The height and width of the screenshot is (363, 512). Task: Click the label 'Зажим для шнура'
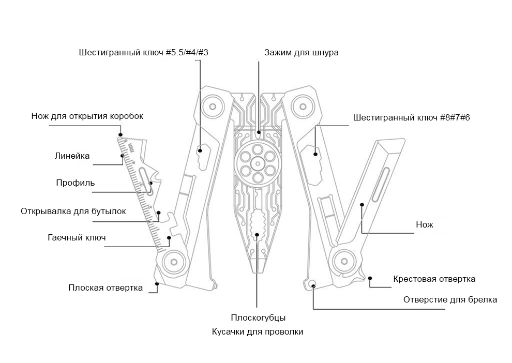pyautogui.click(x=301, y=53)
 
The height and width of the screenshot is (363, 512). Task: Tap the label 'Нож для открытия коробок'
pyautogui.click(x=87, y=116)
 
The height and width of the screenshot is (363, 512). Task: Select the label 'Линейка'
pyautogui.click(x=72, y=156)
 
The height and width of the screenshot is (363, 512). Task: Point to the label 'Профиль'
pyautogui.click(x=76, y=183)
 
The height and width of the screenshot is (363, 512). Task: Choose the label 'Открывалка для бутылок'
pyautogui.click(x=73, y=211)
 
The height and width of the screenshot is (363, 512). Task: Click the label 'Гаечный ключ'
pyautogui.click(x=77, y=237)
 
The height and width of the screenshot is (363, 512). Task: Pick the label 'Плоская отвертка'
pyautogui.click(x=106, y=288)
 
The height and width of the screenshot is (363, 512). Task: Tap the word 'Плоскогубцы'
pyautogui.click(x=258, y=317)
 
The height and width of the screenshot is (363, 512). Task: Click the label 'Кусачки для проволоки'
pyautogui.click(x=258, y=331)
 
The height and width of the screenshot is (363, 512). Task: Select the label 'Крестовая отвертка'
pyautogui.click(x=434, y=279)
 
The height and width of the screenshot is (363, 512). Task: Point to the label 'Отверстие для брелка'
pyautogui.click(x=450, y=300)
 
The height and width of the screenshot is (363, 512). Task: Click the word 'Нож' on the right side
pyautogui.click(x=425, y=224)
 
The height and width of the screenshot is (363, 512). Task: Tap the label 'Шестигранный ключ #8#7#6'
pyautogui.click(x=412, y=117)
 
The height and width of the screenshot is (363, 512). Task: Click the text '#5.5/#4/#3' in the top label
pyautogui.click(x=187, y=53)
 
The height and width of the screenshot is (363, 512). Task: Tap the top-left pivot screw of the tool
pyautogui.click(x=213, y=107)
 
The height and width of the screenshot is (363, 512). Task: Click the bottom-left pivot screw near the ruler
pyautogui.click(x=174, y=262)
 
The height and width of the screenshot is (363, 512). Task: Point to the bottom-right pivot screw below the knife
pyautogui.click(x=344, y=261)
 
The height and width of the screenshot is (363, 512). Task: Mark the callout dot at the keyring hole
pyautogui.click(x=313, y=286)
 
